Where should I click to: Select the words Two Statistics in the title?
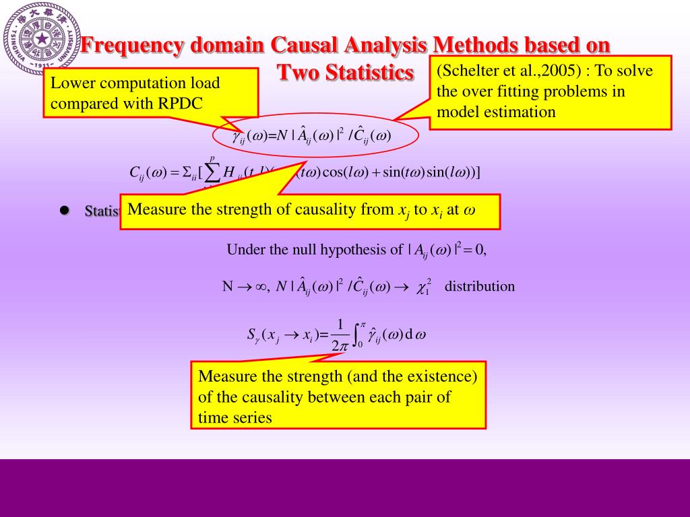point(346,72)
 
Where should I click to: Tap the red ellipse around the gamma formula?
point(316,136)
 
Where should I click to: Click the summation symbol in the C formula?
point(212,173)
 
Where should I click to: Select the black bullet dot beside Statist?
point(65,210)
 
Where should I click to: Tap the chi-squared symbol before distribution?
point(424,286)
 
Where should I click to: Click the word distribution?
point(480,286)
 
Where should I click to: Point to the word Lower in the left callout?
point(71,83)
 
